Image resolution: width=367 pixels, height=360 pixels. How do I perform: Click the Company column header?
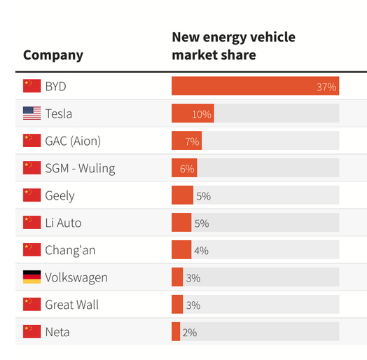point(53,55)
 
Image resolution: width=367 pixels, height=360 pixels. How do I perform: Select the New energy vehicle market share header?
point(233,46)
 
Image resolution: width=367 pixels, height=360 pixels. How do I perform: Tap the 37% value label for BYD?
point(326,87)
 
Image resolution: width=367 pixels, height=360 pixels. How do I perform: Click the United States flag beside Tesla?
point(32,113)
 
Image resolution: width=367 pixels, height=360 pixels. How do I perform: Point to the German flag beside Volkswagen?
point(32,277)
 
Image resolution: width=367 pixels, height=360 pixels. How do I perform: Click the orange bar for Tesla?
point(193,113)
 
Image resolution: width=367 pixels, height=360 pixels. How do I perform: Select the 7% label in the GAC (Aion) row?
point(192,141)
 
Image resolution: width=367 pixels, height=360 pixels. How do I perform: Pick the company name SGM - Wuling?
point(80,168)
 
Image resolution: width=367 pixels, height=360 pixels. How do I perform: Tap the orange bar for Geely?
point(182,195)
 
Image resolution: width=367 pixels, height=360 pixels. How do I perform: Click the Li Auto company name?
point(63,223)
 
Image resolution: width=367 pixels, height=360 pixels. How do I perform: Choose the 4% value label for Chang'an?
point(201,250)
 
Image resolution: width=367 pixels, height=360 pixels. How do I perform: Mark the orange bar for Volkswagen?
point(177,277)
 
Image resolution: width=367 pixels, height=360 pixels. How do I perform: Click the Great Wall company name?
point(72,305)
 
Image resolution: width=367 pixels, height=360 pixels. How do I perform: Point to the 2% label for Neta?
point(189,332)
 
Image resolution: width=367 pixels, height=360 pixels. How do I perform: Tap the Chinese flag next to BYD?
point(32,86)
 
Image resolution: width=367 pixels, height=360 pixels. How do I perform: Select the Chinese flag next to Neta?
point(32,332)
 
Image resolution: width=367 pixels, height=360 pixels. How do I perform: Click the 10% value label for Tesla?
point(202,113)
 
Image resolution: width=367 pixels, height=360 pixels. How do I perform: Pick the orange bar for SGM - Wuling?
point(184,168)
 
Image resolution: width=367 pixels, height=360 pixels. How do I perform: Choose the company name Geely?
point(60,195)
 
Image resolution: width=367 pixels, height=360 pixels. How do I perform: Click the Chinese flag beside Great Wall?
point(32,305)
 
